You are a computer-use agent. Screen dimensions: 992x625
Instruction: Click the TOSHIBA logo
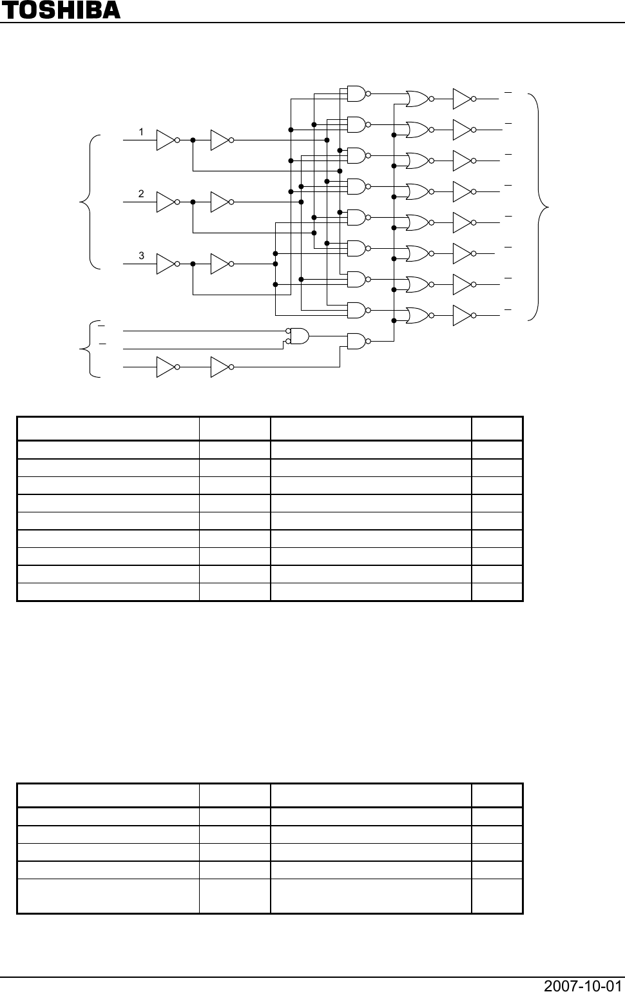[x=61, y=10]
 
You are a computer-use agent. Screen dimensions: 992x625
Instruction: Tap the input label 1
[x=141, y=132]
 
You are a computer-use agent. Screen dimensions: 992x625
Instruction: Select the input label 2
[x=141, y=194]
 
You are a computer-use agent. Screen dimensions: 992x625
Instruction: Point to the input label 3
[x=141, y=256]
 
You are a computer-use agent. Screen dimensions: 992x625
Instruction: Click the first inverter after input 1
[x=166, y=140]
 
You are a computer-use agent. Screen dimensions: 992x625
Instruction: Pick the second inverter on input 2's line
[x=220, y=202]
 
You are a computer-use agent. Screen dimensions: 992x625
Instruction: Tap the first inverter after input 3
[x=166, y=264]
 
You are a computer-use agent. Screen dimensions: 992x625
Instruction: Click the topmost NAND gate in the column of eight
[x=356, y=93]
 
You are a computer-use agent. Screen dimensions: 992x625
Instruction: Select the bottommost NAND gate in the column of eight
[x=356, y=310]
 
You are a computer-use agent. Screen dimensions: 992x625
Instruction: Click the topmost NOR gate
[x=418, y=99]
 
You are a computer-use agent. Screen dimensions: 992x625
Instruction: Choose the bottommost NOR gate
[x=418, y=315]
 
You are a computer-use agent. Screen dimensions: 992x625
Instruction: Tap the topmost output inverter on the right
[x=463, y=99]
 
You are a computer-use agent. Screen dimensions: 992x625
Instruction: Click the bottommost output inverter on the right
[x=463, y=315]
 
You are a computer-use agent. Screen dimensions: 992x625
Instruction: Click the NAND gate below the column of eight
[x=356, y=341]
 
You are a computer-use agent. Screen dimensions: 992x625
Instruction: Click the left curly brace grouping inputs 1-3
[x=89, y=202]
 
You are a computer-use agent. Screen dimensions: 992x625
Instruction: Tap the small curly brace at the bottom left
[x=89, y=349]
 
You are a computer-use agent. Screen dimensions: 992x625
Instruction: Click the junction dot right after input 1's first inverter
[x=193, y=140]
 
